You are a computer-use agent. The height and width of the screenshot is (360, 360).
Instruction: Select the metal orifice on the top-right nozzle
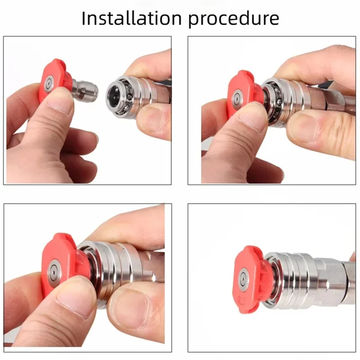(x=236, y=98)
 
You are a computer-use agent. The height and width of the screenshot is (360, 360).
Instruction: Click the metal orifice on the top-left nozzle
(x=48, y=84)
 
